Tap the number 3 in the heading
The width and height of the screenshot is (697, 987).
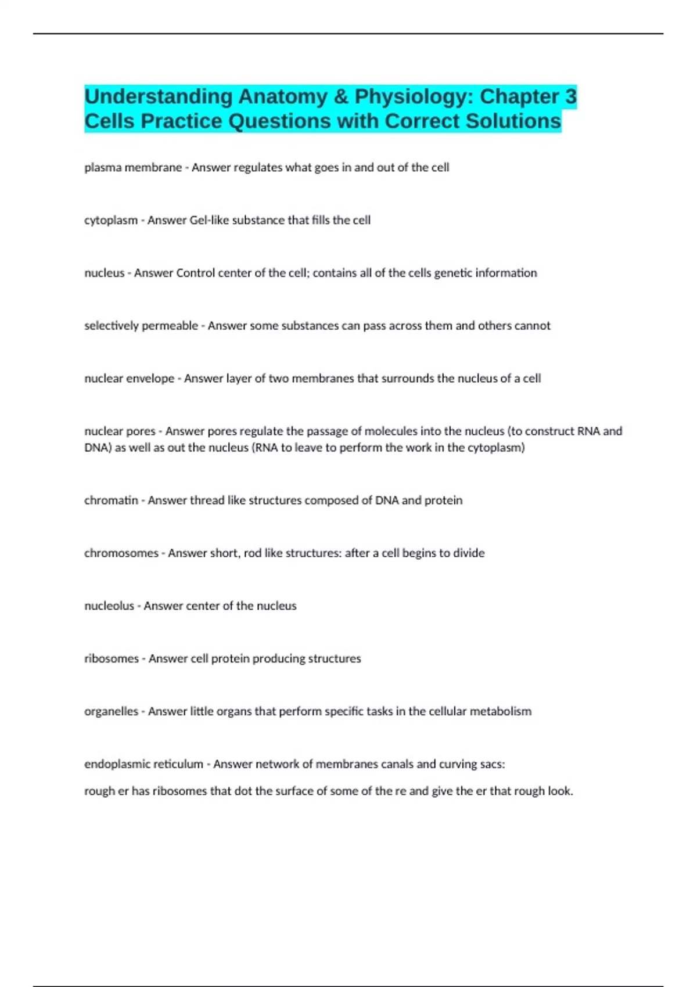[570, 96]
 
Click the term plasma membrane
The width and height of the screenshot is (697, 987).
[133, 167]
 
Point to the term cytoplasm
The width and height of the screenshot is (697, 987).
[111, 220]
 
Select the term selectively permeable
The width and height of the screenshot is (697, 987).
[141, 326]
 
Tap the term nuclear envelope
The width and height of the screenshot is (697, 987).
[129, 379]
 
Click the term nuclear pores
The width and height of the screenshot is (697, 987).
[120, 431]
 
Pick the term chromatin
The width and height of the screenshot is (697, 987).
[111, 500]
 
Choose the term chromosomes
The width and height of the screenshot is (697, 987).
[121, 553]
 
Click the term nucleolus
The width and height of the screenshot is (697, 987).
[109, 606]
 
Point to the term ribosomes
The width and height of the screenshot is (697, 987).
[112, 659]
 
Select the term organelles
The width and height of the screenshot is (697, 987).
[112, 711]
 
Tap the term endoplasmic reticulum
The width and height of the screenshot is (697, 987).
[143, 764]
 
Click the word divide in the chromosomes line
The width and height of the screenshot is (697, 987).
[469, 553]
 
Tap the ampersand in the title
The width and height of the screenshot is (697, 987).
[341, 96]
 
